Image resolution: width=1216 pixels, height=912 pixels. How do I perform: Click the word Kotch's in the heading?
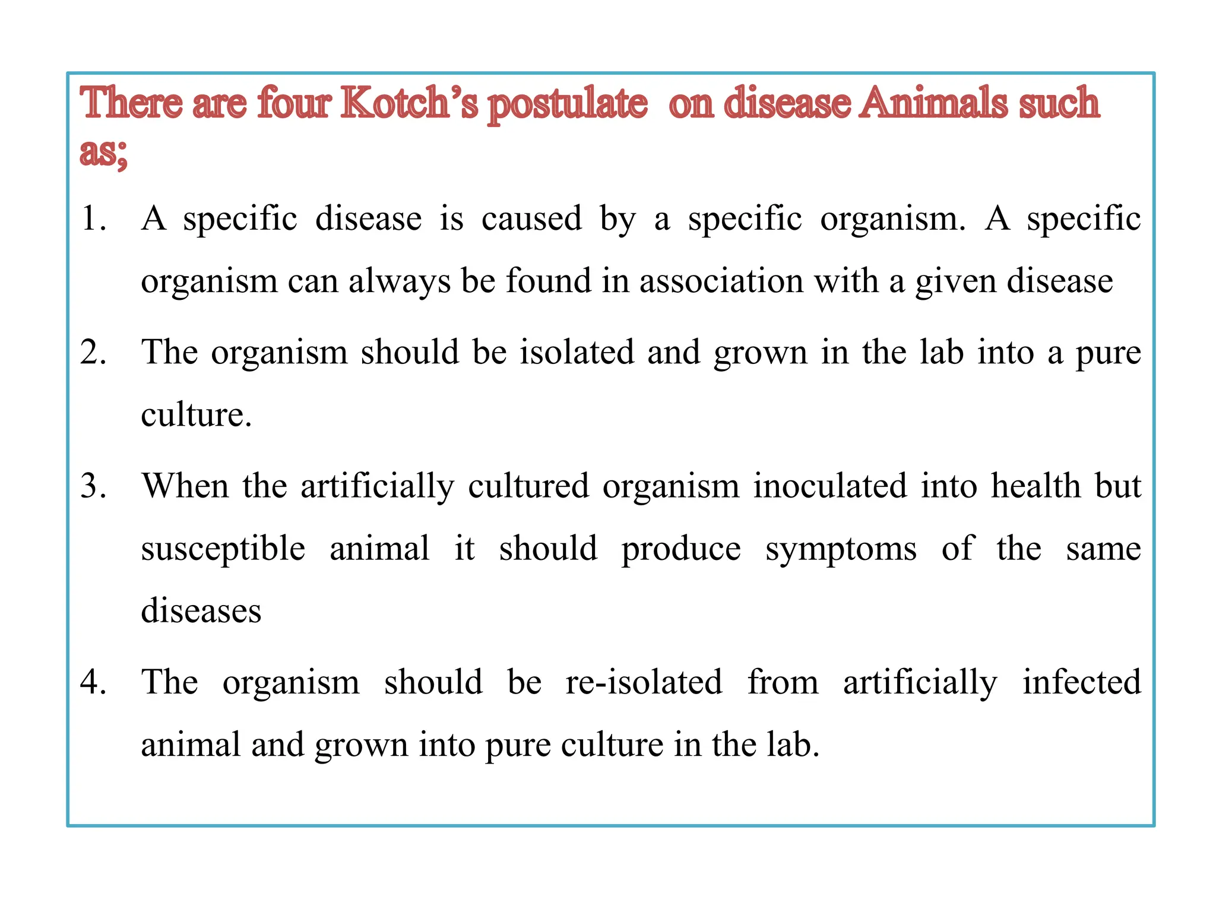(x=409, y=103)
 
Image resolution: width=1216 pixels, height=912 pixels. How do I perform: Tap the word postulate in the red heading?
(x=568, y=104)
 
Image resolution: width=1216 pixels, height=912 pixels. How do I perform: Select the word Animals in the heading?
(x=934, y=103)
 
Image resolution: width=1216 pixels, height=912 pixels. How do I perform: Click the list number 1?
(x=93, y=218)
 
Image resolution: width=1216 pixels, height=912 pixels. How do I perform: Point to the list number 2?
(x=93, y=352)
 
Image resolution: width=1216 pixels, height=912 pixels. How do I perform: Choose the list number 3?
(x=93, y=486)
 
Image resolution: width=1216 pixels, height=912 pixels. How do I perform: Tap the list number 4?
(x=93, y=682)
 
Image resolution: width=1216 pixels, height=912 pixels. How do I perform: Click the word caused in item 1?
(x=531, y=218)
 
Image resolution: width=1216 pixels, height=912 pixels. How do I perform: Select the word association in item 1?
(x=721, y=281)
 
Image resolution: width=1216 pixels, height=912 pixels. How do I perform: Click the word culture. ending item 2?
(x=196, y=414)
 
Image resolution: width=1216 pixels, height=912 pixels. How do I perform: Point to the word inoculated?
(x=830, y=486)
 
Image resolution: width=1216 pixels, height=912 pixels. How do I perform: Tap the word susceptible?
(x=223, y=549)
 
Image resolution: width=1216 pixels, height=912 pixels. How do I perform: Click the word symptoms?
(x=841, y=549)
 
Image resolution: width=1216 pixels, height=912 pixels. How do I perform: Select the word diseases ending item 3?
(x=201, y=611)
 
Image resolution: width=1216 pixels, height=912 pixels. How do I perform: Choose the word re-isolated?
(x=644, y=682)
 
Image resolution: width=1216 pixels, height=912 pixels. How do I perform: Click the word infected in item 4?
(x=1081, y=682)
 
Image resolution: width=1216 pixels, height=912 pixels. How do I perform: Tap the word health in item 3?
(x=1035, y=486)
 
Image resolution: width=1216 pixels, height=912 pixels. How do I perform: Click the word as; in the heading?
(x=103, y=151)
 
